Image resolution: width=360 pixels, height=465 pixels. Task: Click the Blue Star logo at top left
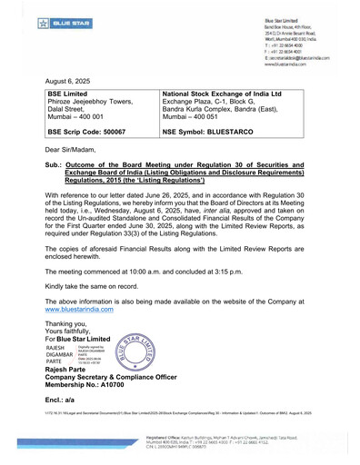pos(40,18)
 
